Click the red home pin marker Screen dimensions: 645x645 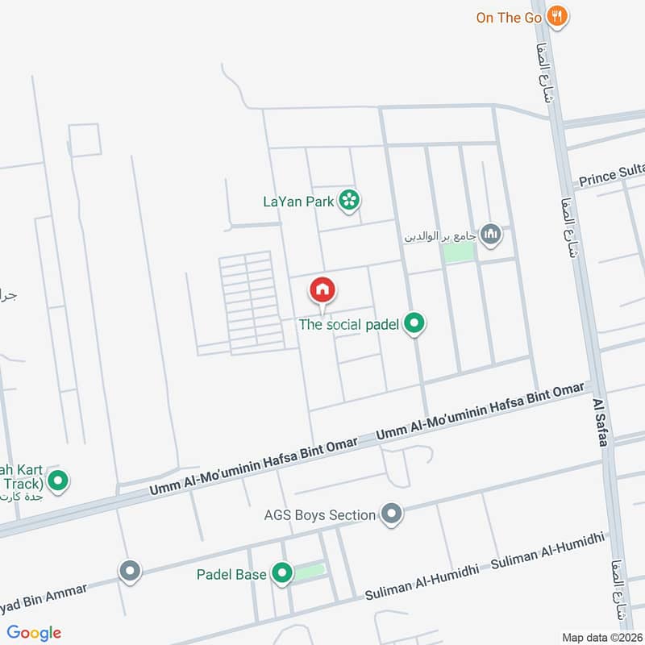coord(322,290)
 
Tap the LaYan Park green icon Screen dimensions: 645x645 coord(349,200)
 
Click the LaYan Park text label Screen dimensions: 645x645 coord(298,202)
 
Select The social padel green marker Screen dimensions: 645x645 coord(414,324)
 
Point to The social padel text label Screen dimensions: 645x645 coord(349,325)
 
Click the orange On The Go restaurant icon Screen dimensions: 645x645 coord(556,15)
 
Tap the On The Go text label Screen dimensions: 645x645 coord(509,17)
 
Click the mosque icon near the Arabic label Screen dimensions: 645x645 coord(490,235)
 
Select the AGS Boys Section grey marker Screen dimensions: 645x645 coord(391,514)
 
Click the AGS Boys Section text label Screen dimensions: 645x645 coord(320,514)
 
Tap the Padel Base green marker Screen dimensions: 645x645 coord(281,574)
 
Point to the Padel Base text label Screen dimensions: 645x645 coord(231,575)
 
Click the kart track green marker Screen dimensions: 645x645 coord(57,482)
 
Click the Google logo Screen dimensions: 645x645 coord(34,633)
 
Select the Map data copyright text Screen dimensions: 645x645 coord(602,637)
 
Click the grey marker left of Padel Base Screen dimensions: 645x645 coord(130,572)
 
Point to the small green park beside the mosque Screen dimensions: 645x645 coord(459,252)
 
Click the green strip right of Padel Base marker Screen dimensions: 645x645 coord(310,572)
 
